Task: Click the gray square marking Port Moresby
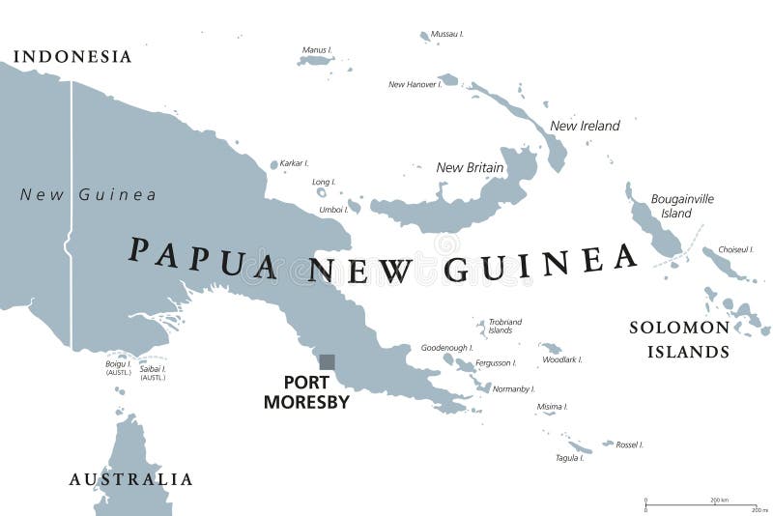[x=327, y=362]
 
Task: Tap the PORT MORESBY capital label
[x=306, y=391]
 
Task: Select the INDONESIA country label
[x=72, y=57]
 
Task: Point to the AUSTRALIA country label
[x=130, y=479]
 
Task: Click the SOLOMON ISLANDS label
[x=679, y=339]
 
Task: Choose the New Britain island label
[x=470, y=167]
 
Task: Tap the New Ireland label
[x=585, y=126]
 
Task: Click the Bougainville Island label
[x=682, y=206]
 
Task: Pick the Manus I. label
[x=317, y=49]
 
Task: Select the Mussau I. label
[x=447, y=34]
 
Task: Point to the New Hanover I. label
[x=415, y=84]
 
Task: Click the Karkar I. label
[x=294, y=163]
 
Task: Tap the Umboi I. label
[x=333, y=209]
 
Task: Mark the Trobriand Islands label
[x=504, y=326]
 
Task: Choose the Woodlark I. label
[x=563, y=359]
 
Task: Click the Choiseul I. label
[x=735, y=249]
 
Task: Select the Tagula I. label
[x=569, y=457]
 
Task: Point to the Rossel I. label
[x=629, y=444]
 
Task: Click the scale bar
[x=701, y=503]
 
